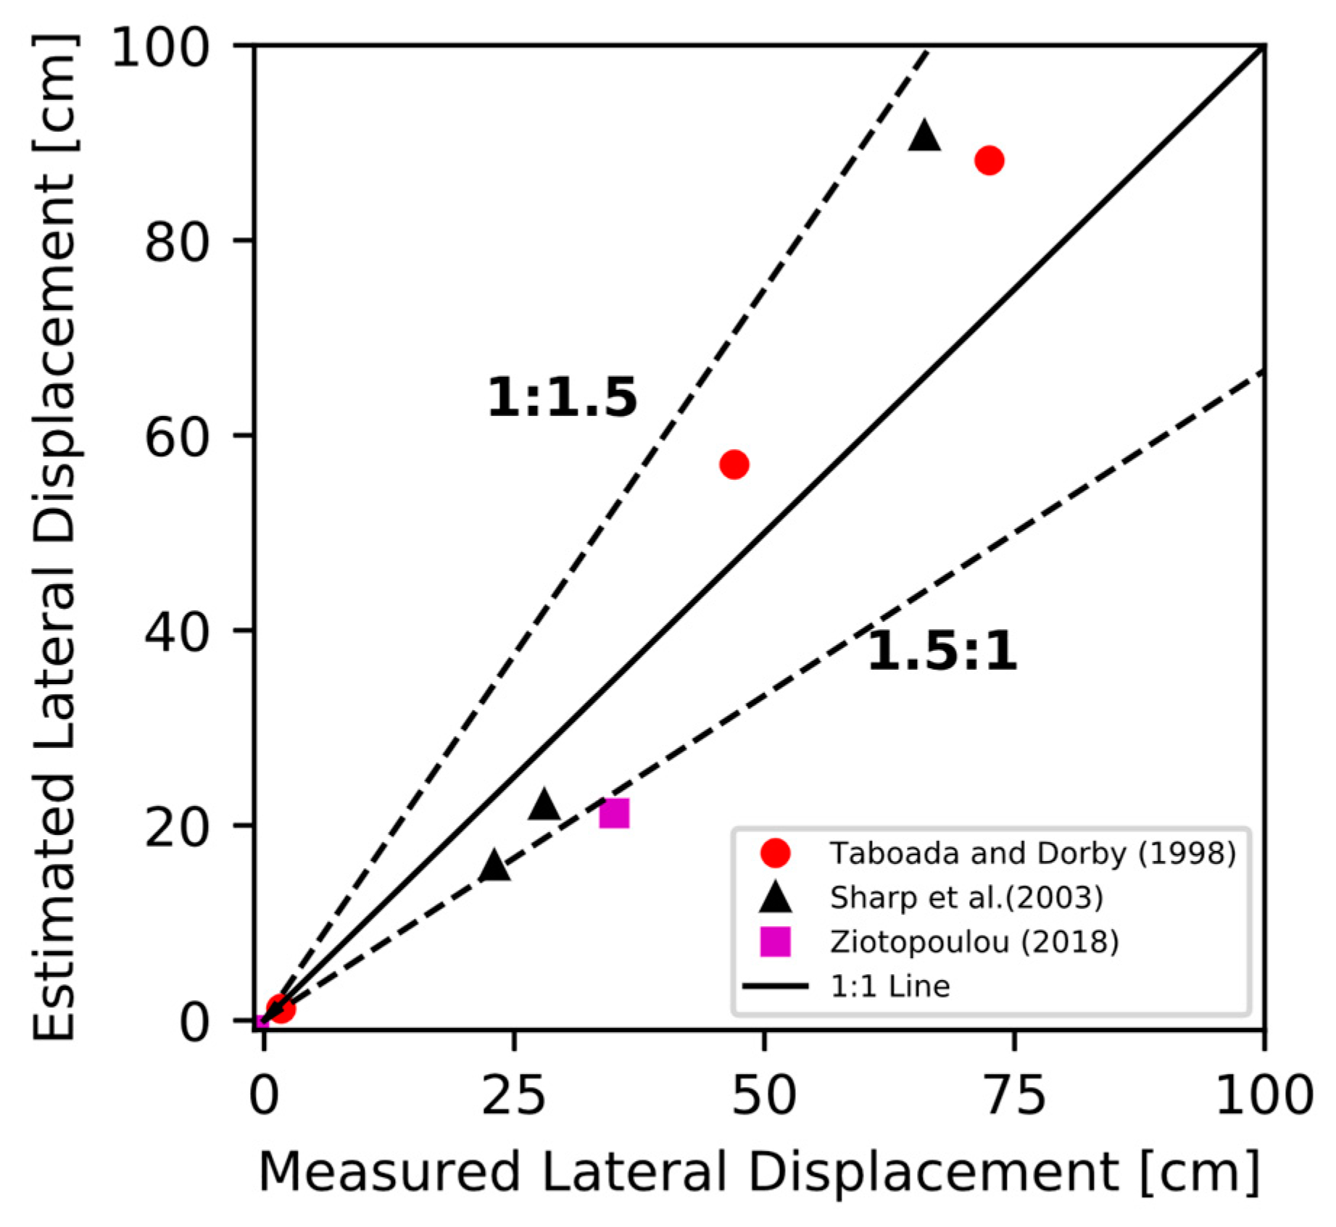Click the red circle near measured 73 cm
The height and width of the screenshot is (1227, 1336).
coord(989,160)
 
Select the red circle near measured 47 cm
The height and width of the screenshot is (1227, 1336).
coord(734,465)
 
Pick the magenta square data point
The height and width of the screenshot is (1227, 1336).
coord(614,813)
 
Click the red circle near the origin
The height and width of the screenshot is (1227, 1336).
coord(281,1007)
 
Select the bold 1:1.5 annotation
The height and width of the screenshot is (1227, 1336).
coord(562,398)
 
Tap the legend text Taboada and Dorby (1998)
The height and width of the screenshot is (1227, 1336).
coord(1032,854)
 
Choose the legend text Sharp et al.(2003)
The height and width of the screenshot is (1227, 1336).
coord(966,898)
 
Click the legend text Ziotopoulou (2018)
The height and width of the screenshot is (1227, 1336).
coord(974,942)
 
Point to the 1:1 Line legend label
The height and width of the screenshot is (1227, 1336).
coord(889,986)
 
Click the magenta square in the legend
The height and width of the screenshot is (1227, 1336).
coord(775,942)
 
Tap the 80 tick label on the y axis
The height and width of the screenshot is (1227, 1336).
coord(177,242)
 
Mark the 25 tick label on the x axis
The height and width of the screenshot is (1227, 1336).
coord(513,1095)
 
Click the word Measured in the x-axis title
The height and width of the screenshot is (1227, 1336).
coord(389,1172)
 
